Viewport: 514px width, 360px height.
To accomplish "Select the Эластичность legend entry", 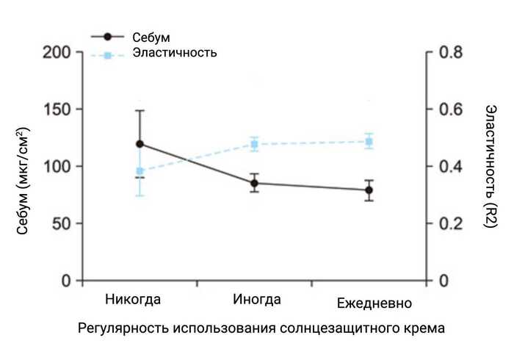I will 174,53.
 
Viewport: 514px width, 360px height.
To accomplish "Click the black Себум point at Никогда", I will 140,144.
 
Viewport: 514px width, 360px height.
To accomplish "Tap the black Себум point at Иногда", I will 254,184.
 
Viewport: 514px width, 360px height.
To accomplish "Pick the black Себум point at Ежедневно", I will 369,190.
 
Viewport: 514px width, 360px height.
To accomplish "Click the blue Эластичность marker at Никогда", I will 140,171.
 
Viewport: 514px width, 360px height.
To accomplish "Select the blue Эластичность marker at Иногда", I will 254,144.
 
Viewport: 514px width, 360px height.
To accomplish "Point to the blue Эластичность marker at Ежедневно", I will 369,142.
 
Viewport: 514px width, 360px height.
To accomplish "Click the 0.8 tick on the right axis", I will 449,53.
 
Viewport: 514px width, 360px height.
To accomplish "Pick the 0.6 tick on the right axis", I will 449,109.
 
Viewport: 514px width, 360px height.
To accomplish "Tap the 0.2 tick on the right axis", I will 449,223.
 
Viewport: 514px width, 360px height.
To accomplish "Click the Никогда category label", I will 133,300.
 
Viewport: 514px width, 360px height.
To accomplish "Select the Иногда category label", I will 256,300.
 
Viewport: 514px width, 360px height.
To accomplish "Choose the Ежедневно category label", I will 374,303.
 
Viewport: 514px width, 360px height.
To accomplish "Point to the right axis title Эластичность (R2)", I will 491,166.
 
